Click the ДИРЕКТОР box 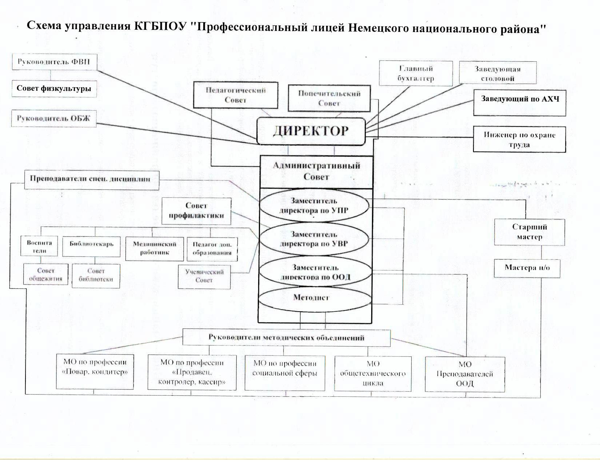pos(311,131)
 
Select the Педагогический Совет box pos(236,95)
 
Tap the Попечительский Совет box pos(329,98)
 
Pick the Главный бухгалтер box pos(416,73)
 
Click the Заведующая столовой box pos(497,73)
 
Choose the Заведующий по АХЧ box pos(520,103)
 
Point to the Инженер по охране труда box pos(519,140)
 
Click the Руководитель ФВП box pos(51,62)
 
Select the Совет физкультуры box pos(54,89)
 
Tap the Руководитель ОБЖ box pos(54,119)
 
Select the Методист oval pos(311,298)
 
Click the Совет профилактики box pos(196,211)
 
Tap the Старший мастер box pos(529,232)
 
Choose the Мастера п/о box pos(527,268)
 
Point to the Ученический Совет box pos(204,276)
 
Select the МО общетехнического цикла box pos(373,373)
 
